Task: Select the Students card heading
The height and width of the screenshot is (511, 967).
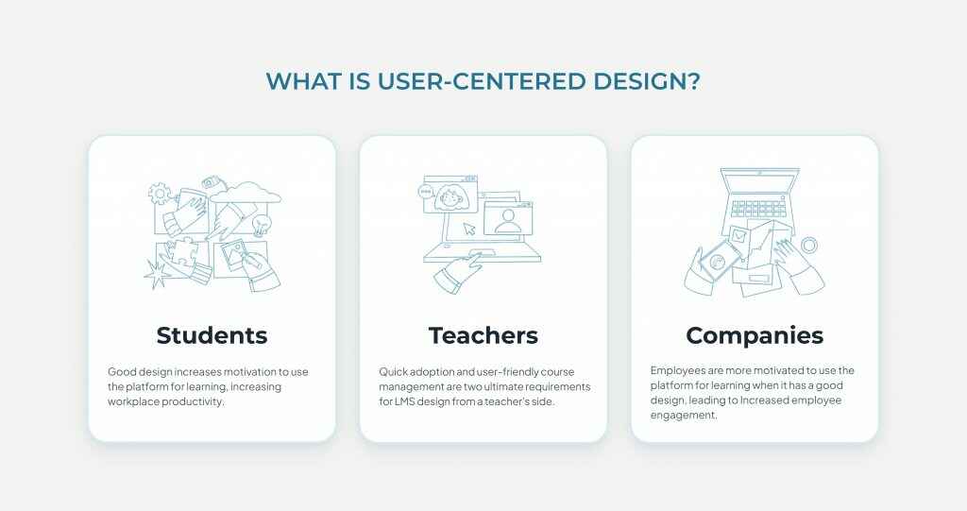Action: point(212,335)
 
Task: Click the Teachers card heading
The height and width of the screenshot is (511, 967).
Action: point(483,335)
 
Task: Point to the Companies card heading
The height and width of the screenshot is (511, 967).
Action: point(755,335)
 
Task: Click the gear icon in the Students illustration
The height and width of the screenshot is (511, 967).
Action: point(160,194)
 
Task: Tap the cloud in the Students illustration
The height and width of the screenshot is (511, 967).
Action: point(246,193)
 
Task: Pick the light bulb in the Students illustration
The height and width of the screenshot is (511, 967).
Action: point(263,223)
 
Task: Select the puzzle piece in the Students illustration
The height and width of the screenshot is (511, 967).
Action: point(180,252)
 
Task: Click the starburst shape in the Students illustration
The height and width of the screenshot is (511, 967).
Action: point(156,274)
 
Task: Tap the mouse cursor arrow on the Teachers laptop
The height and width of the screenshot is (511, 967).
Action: point(470,229)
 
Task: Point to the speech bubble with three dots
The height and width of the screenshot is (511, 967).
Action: point(426,192)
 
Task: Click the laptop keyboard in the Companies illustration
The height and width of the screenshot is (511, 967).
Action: point(758,208)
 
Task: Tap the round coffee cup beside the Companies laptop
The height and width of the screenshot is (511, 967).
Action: point(809,246)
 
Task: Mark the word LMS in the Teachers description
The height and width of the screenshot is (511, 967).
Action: point(404,401)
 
